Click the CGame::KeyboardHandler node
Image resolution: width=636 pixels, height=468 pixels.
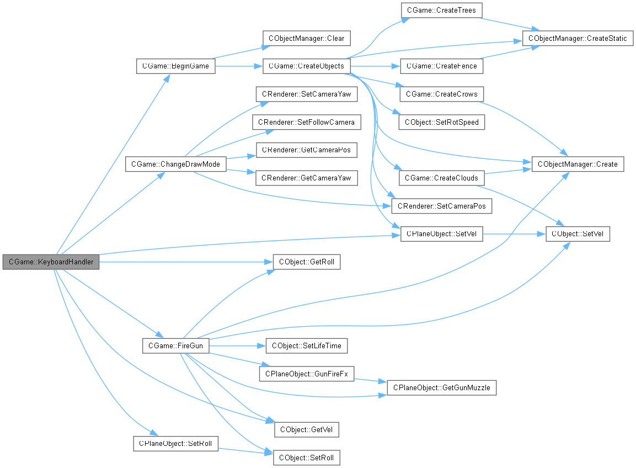point(51,262)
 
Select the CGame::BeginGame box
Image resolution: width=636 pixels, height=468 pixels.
point(175,66)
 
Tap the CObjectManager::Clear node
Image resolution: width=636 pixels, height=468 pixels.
point(306,39)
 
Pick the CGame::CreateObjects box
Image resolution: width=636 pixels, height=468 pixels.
point(306,66)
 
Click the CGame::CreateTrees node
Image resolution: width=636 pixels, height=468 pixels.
point(441,10)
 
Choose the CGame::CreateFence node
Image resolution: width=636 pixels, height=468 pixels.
point(442,66)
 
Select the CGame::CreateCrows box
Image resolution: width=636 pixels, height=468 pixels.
point(441,94)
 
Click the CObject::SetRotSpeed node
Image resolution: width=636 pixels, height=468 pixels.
point(442,122)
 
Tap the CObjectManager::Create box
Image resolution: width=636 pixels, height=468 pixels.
point(578,164)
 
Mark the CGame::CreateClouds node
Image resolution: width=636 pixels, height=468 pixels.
point(441,178)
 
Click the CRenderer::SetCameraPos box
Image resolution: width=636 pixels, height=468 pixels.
point(441,206)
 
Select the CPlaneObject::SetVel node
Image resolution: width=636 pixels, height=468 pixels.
point(441,235)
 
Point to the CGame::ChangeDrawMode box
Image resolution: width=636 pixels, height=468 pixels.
point(175,164)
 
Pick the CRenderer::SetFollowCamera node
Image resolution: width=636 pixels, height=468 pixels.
point(307,122)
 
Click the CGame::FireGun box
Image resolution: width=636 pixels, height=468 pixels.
point(175,346)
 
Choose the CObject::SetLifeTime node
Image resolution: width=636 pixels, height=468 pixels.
point(307,346)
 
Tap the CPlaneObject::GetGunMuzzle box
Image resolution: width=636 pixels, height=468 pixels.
point(441,388)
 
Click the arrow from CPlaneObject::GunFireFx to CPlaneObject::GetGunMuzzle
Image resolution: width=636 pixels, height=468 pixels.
point(370,381)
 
